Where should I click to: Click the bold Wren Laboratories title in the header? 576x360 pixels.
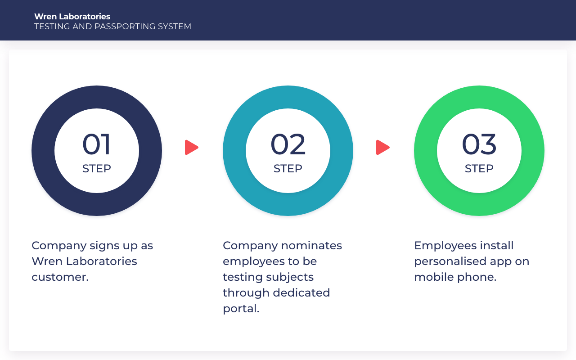point(72,17)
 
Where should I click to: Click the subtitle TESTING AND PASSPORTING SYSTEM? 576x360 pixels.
point(112,27)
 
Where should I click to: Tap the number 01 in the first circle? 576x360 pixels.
point(96,144)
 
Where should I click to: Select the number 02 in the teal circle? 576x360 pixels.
point(288,144)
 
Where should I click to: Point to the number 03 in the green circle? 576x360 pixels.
point(479,144)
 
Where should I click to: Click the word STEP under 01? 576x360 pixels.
point(97,169)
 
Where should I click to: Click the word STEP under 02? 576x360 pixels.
point(288,169)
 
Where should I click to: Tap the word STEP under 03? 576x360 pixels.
point(479,169)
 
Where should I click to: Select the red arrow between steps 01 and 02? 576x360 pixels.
point(191,148)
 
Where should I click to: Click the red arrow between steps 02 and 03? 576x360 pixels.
point(382,148)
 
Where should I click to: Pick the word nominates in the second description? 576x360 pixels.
point(312,246)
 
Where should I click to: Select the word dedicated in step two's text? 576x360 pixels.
point(301,292)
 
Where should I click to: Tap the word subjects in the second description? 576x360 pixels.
point(290,278)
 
